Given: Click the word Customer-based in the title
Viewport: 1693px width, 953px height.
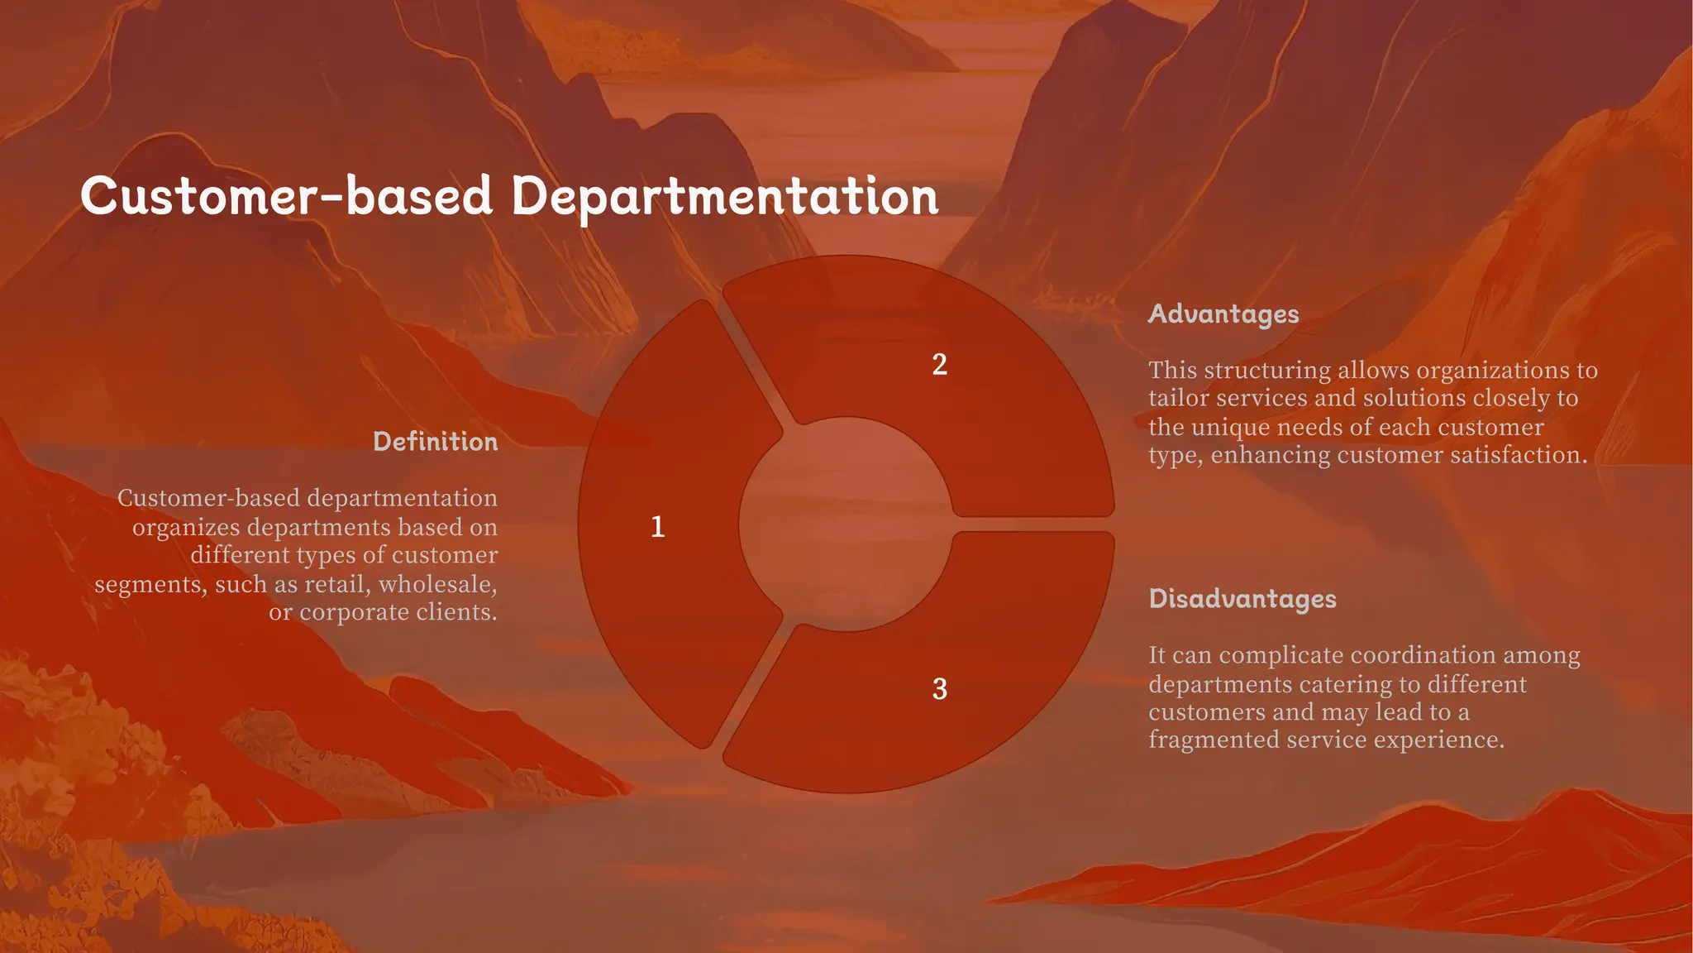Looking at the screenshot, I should coord(286,196).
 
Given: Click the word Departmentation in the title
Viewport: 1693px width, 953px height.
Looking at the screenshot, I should coord(724,196).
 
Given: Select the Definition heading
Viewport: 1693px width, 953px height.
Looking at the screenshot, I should coord(435,441).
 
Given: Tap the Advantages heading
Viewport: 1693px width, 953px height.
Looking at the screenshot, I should coord(1223,314).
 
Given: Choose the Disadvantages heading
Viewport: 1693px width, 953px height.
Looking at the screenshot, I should coord(1242,598).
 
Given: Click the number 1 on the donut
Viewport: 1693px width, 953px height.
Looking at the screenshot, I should coord(658,527).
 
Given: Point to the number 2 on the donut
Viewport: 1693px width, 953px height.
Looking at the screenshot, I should coord(939,365).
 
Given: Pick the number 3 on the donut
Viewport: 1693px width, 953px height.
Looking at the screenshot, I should coord(939,689).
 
